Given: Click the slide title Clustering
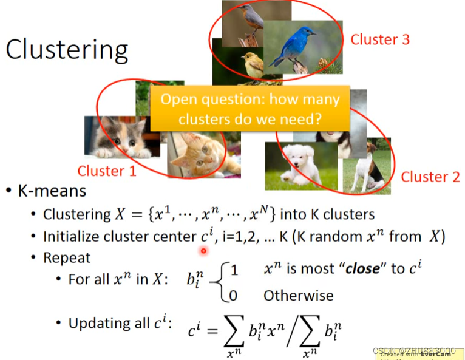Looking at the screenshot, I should click(x=67, y=50).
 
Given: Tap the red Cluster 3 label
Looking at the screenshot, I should click(x=380, y=40).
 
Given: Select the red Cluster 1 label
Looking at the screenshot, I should click(x=107, y=171).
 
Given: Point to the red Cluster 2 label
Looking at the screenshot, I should click(x=430, y=177).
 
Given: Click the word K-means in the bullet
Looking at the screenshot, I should click(x=52, y=191).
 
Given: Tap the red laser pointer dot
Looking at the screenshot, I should click(x=204, y=250).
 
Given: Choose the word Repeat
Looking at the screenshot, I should click(x=67, y=258).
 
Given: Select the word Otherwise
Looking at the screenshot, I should click(x=298, y=296).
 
